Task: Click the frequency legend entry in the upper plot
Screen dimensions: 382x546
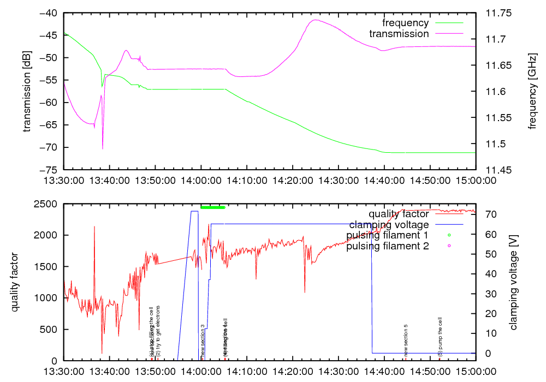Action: [x=406, y=23]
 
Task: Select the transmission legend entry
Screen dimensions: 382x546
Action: [x=399, y=34]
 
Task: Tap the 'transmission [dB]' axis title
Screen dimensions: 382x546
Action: [x=27, y=91]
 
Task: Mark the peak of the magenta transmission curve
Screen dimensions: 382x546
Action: [x=315, y=20]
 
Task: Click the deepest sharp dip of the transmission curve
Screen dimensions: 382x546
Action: [x=103, y=148]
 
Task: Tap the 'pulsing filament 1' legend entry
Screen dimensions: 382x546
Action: [x=387, y=235]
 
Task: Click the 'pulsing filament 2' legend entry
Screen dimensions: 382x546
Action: [x=387, y=246]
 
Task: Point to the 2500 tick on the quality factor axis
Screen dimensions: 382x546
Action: [x=49, y=204]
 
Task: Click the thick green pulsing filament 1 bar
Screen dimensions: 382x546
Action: [x=213, y=207]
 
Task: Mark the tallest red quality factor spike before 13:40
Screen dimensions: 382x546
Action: [x=94, y=226]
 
